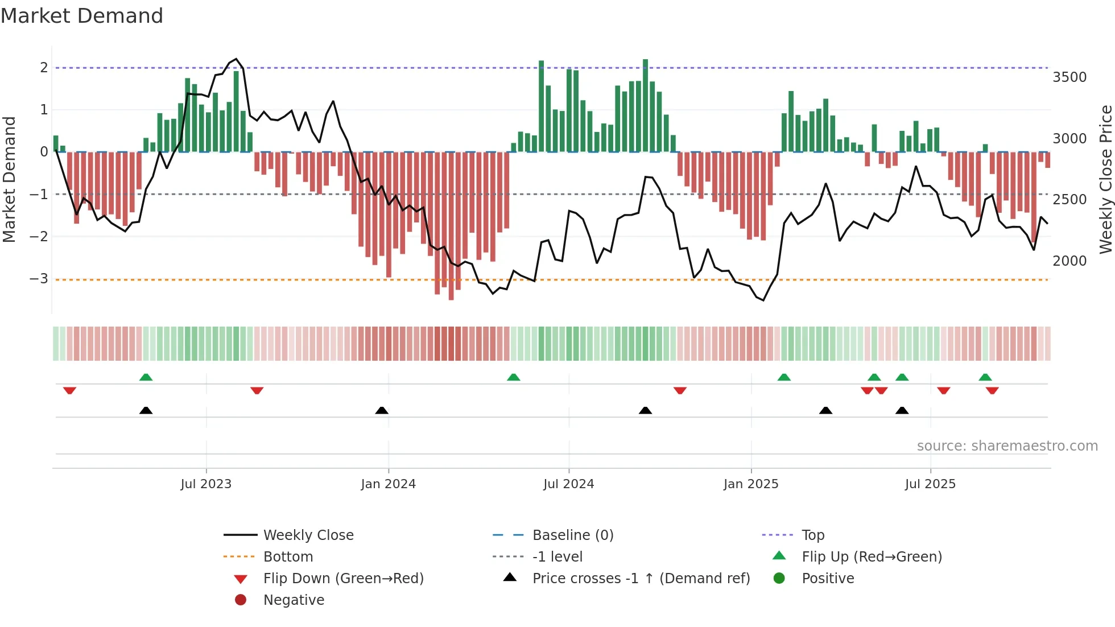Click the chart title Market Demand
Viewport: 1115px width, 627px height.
pos(82,16)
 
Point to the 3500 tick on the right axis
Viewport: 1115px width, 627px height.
pos(1069,77)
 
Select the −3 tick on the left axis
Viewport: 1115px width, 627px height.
pos(39,279)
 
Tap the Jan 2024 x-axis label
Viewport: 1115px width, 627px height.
pos(388,484)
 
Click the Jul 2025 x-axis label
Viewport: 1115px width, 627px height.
pos(930,484)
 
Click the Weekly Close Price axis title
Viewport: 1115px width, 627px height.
pos(1105,179)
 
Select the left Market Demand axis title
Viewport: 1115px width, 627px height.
pos(9,179)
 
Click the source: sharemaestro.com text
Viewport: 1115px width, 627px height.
pos(1007,446)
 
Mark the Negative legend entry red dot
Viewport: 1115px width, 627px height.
pos(241,600)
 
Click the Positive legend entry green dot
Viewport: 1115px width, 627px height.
pos(779,579)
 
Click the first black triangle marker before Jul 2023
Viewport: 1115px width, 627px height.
pos(146,410)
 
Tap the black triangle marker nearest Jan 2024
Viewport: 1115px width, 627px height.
pos(382,410)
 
